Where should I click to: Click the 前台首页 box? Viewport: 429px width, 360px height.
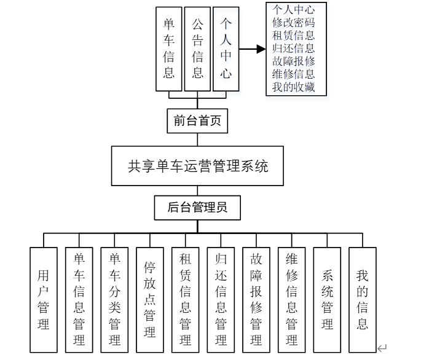(197, 120)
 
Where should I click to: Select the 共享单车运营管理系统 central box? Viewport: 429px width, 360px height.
(197, 166)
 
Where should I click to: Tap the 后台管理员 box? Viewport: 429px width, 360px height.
(197, 208)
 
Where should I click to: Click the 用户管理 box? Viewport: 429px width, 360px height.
(43, 299)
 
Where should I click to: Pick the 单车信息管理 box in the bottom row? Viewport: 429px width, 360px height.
(79, 299)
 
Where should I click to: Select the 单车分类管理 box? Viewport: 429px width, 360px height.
(114, 299)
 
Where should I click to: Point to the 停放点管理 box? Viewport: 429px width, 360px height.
(149, 299)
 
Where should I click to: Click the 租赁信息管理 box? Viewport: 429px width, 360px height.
(185, 299)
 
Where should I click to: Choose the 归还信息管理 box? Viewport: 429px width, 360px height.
(221, 299)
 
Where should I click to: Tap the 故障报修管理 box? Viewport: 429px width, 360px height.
(256, 299)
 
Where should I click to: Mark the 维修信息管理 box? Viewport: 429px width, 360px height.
(291, 299)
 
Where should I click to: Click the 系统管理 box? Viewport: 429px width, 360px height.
(327, 299)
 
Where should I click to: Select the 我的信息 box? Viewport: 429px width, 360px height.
(363, 299)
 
